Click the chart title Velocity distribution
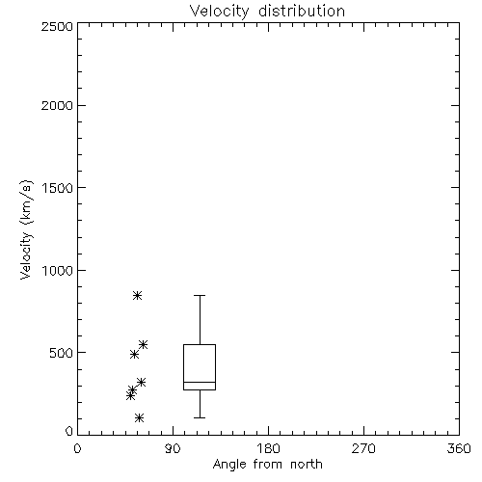(x=267, y=12)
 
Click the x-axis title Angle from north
(x=267, y=465)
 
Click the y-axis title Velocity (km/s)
(x=26, y=229)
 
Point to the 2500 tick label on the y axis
(x=57, y=26)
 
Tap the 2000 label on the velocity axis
(x=57, y=105)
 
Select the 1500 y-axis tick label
(x=58, y=188)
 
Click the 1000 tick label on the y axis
(x=58, y=270)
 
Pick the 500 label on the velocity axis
(x=62, y=353)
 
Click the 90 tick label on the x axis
(x=173, y=448)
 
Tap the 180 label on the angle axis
(x=268, y=448)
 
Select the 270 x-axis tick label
(x=363, y=448)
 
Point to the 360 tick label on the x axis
(x=459, y=448)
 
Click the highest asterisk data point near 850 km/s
(x=137, y=295)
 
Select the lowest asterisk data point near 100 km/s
(x=139, y=417)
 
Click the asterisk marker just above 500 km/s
(x=143, y=344)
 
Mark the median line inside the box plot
(x=200, y=382)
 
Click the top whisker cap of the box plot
(x=200, y=295)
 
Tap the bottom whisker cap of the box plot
(x=200, y=417)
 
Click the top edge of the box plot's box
(x=200, y=344)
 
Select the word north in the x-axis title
(x=307, y=465)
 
